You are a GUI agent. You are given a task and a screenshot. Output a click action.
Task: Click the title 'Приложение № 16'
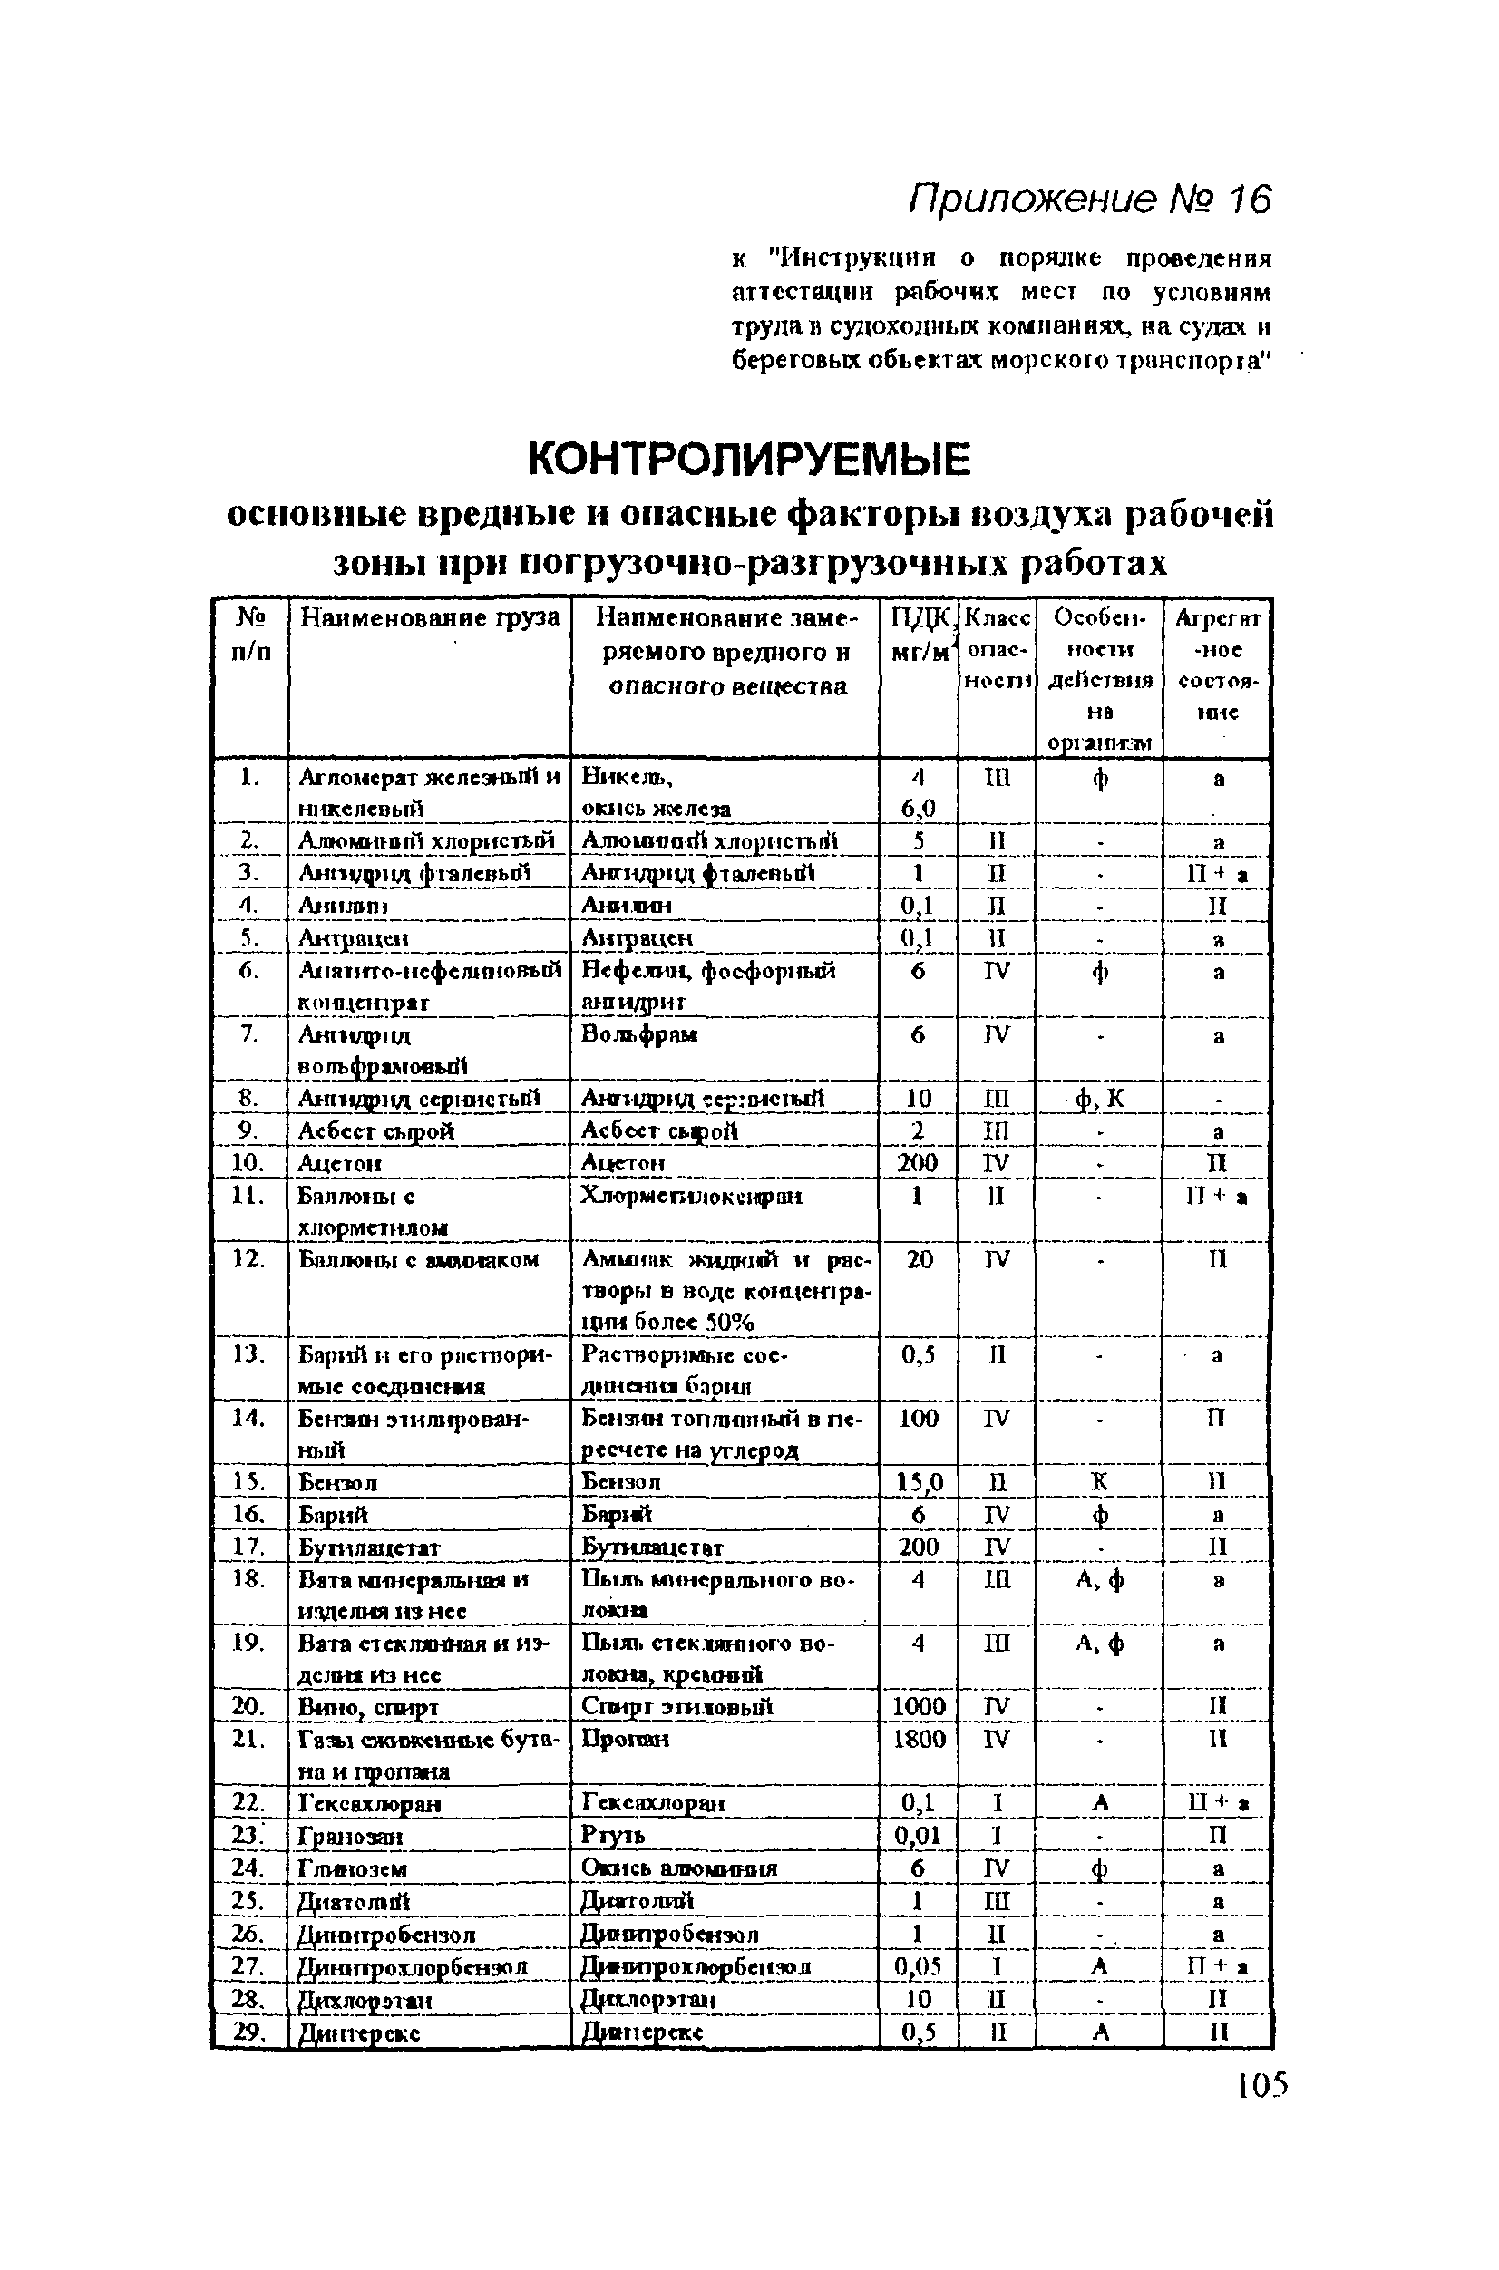coord(1090,199)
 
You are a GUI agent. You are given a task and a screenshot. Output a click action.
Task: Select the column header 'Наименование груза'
coord(429,617)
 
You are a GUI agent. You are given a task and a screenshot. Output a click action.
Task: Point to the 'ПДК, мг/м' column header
coord(919,635)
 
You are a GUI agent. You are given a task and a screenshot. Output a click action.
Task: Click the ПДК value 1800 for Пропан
coord(918,1739)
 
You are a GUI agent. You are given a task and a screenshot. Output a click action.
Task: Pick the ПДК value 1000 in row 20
coord(918,1706)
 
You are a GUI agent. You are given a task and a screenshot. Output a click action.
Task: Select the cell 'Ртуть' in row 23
coord(613,1835)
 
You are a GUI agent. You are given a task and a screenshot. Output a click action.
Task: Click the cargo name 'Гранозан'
coord(350,1836)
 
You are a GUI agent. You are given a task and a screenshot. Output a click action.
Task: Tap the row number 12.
coord(248,1259)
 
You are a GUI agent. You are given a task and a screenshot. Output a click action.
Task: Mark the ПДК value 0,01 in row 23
coord(918,1835)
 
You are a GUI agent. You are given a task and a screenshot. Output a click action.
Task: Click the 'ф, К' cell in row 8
coord(1099,1099)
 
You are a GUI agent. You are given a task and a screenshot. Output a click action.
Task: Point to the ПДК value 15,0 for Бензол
coord(918,1482)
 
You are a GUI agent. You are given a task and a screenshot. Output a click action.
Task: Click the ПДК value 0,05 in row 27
coord(918,1965)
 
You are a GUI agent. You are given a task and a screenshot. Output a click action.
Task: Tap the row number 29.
coord(248,2032)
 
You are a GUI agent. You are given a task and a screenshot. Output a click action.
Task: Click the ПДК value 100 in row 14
coord(918,1419)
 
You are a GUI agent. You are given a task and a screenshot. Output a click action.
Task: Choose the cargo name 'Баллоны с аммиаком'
coord(419,1259)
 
